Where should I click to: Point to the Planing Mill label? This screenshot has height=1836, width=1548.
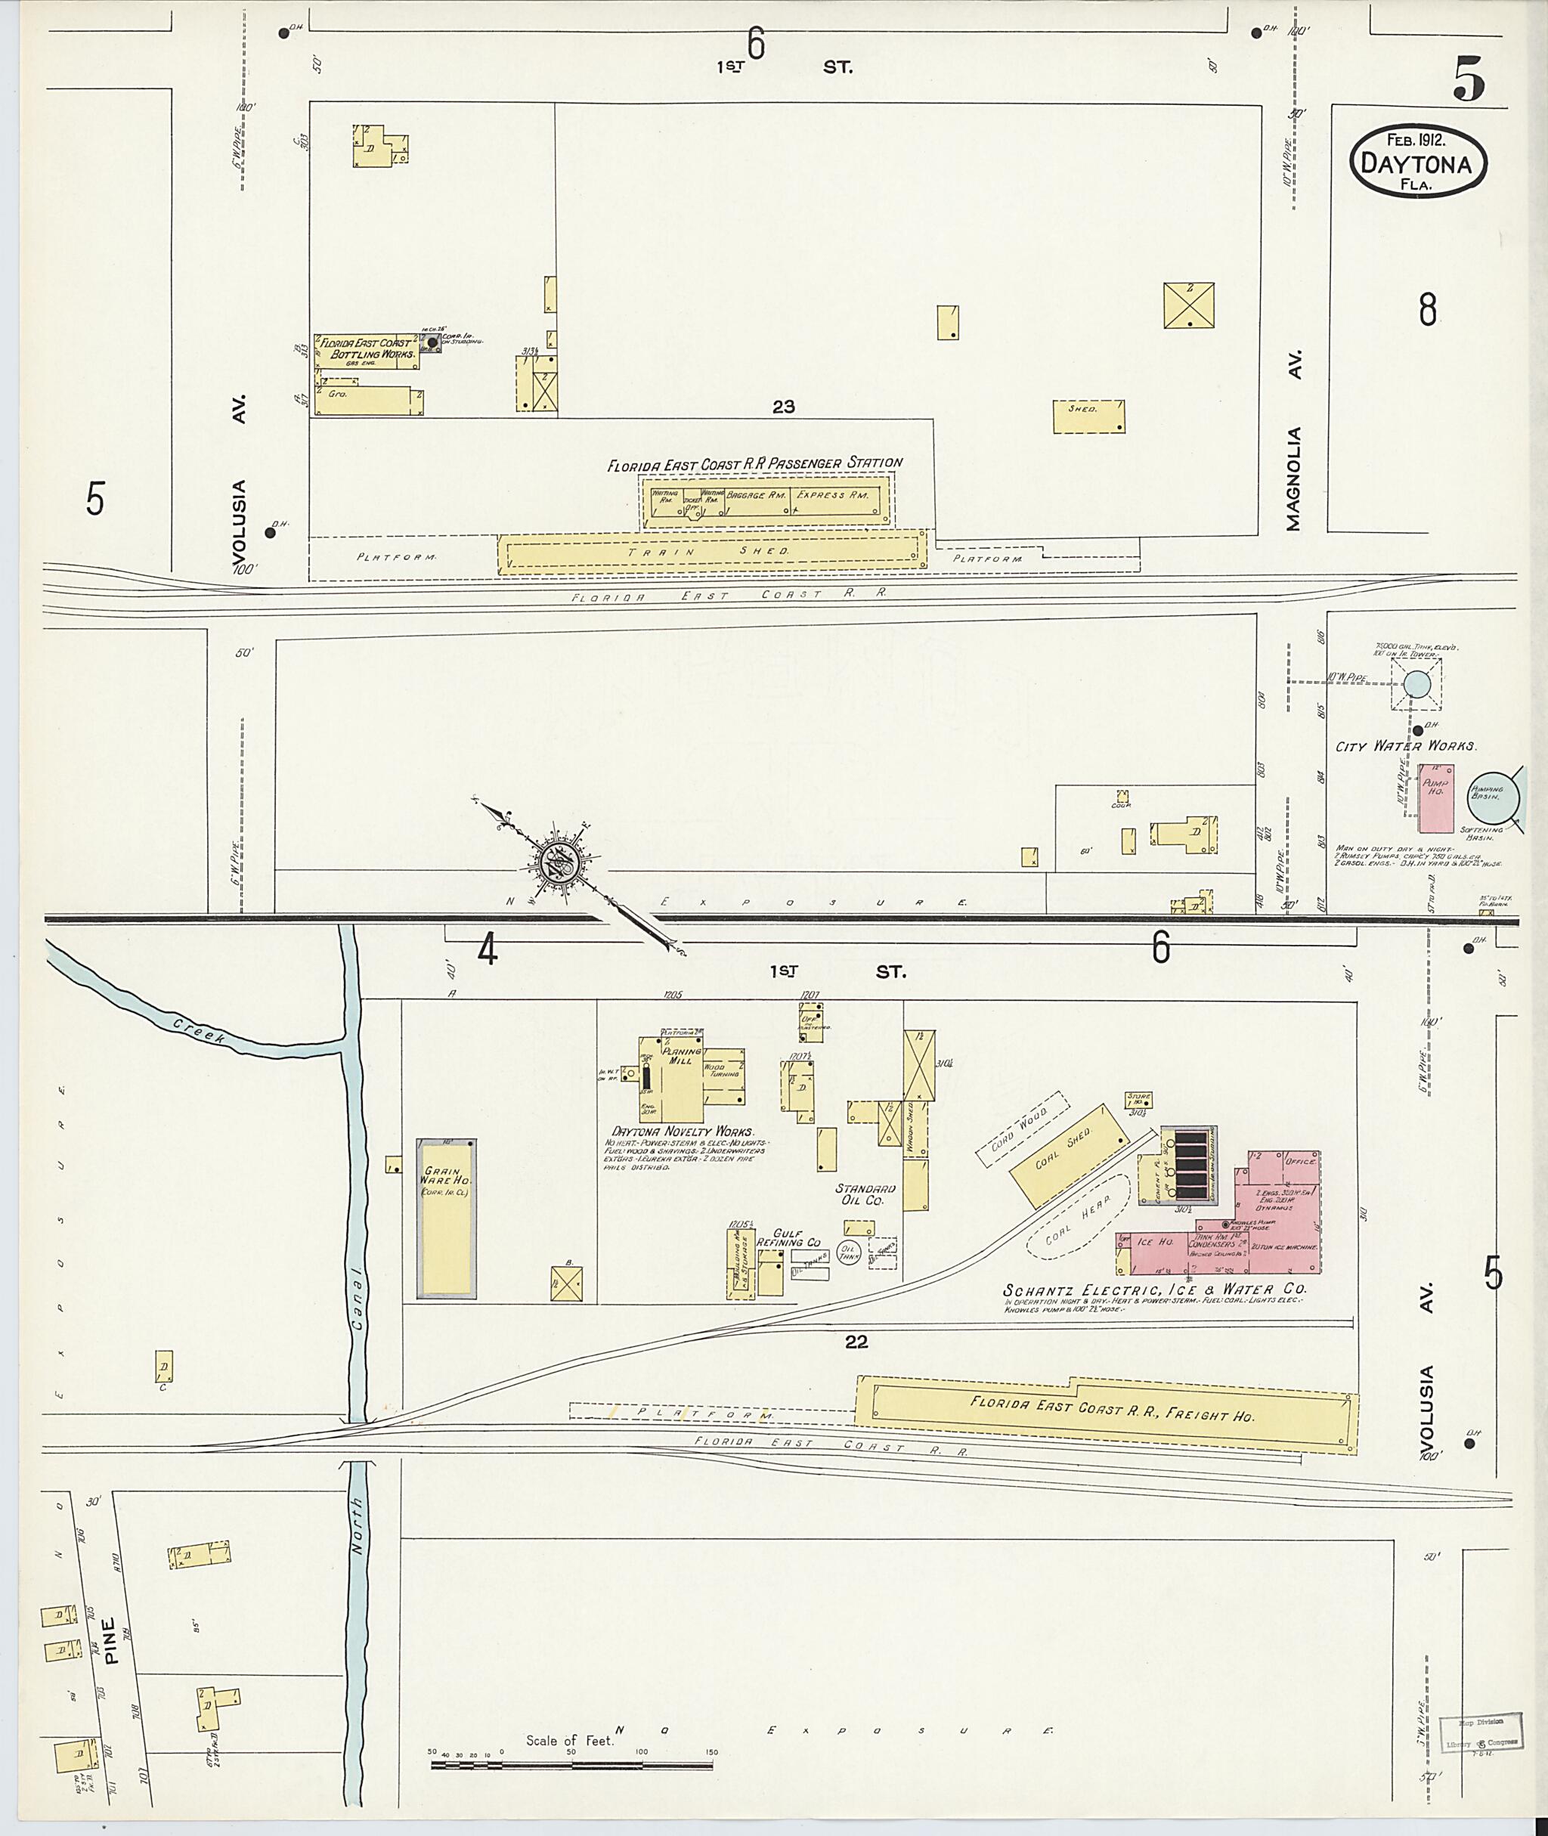pos(682,1055)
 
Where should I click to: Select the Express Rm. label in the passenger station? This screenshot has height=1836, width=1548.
pos(833,495)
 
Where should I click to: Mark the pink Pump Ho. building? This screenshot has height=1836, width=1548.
pos(1435,797)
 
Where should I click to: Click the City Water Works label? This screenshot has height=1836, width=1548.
pos(1406,746)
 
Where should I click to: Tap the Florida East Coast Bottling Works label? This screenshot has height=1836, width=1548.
pos(367,348)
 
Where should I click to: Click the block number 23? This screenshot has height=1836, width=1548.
pos(784,407)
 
